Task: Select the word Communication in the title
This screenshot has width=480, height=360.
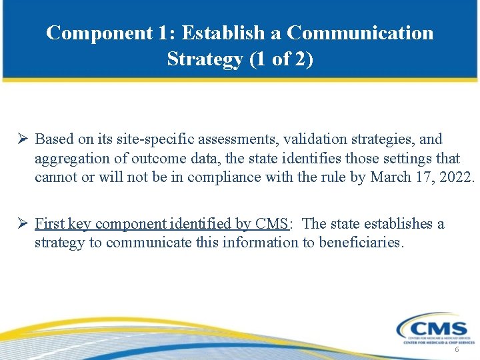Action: pyautogui.click(x=361, y=33)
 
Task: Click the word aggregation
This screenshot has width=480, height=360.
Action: pyautogui.click(x=69, y=159)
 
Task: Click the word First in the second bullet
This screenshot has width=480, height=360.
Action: pyautogui.click(x=48, y=223)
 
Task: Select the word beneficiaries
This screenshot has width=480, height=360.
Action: pyautogui.click(x=361, y=243)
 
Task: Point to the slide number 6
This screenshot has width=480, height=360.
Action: pyautogui.click(x=457, y=350)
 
